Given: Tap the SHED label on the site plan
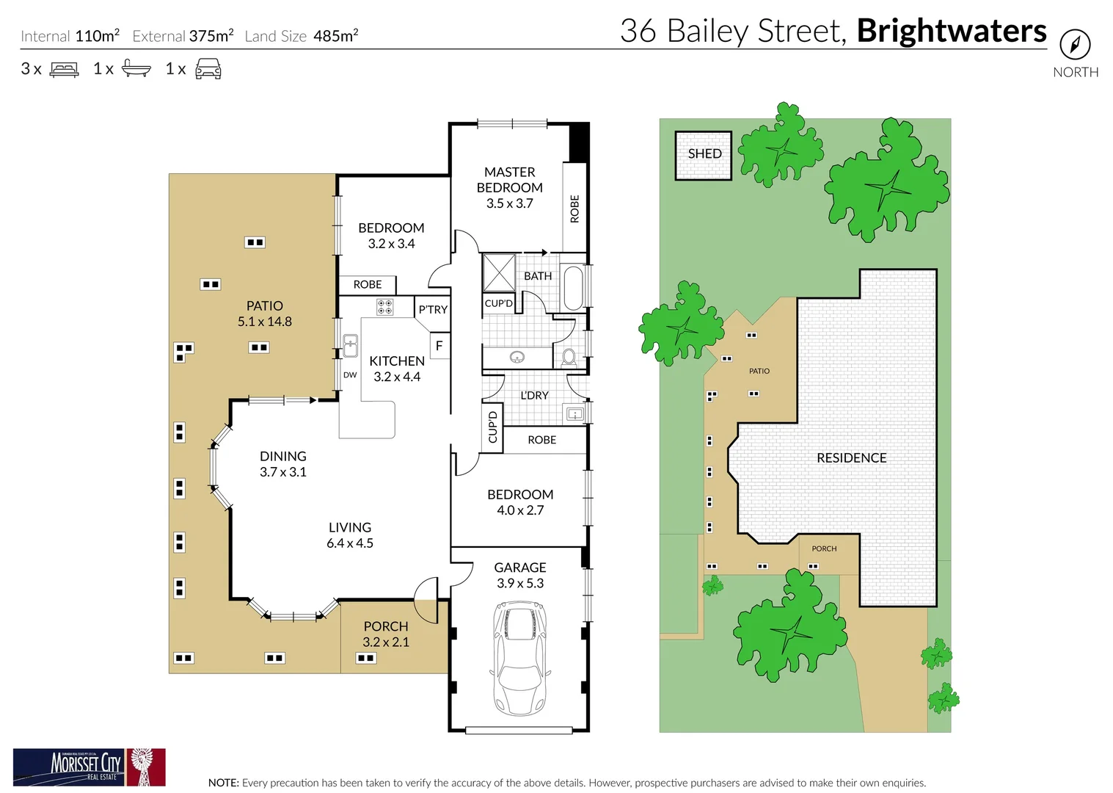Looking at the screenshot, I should point(704,153).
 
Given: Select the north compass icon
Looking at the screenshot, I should point(1075,45).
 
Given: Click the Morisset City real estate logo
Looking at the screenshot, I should point(89,767).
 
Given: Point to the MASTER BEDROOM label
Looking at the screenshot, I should point(510,180).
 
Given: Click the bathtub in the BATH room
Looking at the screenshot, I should point(572,288).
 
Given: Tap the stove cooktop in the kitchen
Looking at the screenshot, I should point(385,306).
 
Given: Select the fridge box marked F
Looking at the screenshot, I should point(439,345).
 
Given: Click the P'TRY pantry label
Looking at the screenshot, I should point(433,310).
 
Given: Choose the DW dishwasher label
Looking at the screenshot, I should point(350,375).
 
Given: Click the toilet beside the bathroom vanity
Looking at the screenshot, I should point(569,358).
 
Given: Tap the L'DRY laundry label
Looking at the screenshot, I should point(534,395).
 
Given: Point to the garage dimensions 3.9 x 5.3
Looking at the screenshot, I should point(520,583).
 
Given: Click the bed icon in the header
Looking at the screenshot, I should point(64,70).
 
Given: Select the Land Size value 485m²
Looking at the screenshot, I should point(335,36).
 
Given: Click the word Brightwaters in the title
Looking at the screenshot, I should point(952,31).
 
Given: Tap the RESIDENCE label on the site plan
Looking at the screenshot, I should point(851,457).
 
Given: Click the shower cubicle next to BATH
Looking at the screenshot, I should point(499,272).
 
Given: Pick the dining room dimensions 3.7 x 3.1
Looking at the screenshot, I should point(283,472).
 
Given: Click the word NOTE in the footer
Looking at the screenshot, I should point(223,783).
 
